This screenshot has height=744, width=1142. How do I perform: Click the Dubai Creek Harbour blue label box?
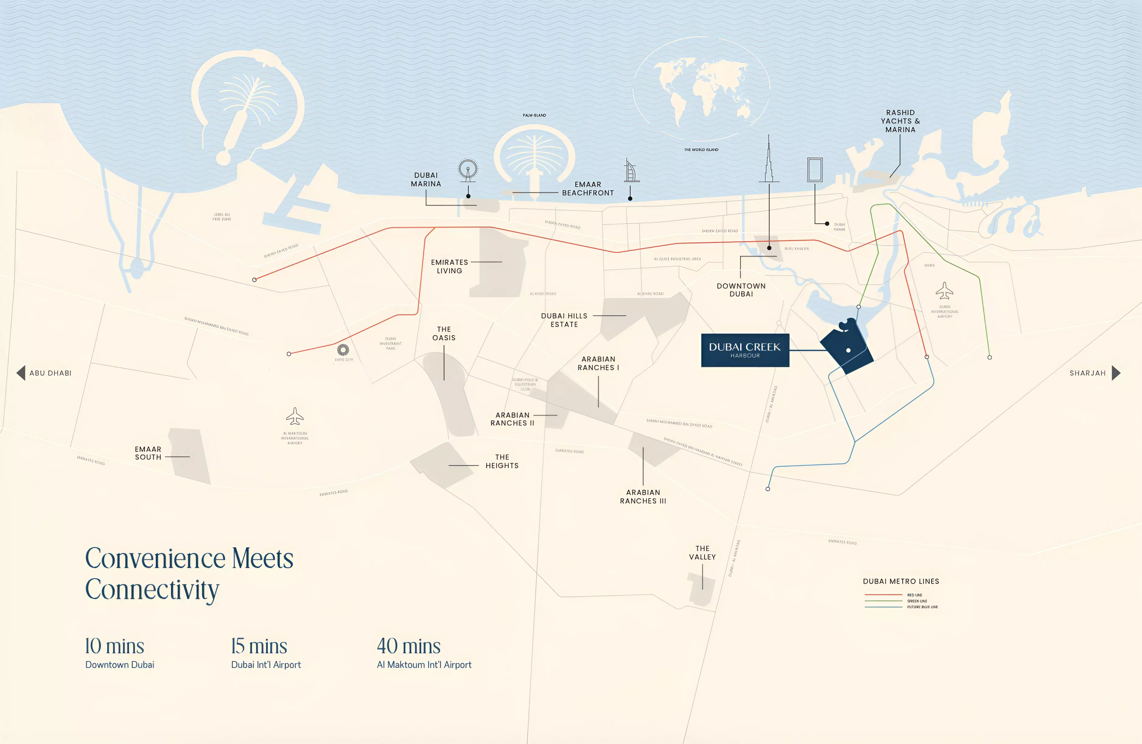tap(745, 350)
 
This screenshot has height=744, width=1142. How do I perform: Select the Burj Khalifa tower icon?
tap(769, 161)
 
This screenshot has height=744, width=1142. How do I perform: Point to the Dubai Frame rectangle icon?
tap(815, 170)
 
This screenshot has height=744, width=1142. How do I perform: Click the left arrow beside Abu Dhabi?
tap(21, 373)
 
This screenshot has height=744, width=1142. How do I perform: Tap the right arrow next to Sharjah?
tap(1116, 373)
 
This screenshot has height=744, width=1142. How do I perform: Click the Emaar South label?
tap(148, 453)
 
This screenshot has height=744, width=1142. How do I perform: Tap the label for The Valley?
tap(702, 553)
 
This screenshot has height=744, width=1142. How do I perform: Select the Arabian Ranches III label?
tap(643, 496)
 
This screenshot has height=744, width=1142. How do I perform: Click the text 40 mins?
tap(408, 646)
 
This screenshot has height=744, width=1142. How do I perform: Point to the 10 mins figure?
tap(114, 646)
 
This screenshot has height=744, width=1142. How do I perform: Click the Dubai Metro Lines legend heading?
tap(901, 581)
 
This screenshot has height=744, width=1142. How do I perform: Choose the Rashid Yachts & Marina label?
tap(900, 121)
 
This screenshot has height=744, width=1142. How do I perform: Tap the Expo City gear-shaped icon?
tap(343, 349)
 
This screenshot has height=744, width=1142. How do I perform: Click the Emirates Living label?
tap(449, 266)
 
